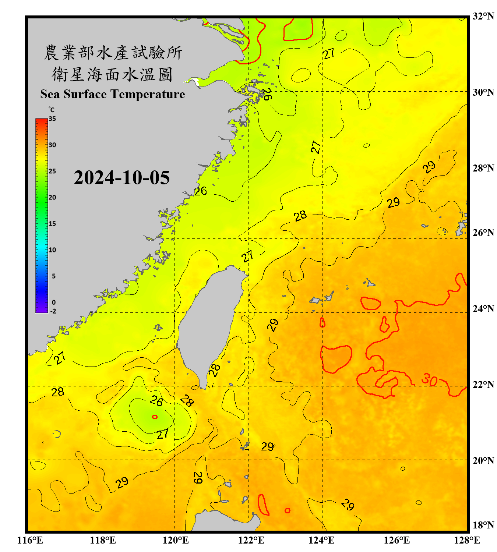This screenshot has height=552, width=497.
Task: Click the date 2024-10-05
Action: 122,178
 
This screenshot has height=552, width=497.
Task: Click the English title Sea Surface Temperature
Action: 113,94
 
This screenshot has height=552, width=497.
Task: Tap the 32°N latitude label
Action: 483,16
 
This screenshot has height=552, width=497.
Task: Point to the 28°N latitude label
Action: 483,168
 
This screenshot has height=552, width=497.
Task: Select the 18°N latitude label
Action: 483,525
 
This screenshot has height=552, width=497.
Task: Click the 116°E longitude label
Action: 30,540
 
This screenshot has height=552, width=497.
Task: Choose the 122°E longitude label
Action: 251,540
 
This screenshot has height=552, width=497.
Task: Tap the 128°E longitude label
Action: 467,540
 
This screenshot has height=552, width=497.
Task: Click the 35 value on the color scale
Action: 52,119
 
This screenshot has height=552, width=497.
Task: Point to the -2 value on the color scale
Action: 53,311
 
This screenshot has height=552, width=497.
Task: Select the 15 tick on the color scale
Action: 52,224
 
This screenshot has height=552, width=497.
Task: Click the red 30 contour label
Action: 429,379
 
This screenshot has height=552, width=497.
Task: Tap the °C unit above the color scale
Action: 52,110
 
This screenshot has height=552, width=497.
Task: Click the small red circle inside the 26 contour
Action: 155,417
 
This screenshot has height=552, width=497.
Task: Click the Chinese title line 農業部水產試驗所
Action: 113,53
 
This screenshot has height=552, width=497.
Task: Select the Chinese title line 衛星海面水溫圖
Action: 113,74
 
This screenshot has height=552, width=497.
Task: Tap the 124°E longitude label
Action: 321,540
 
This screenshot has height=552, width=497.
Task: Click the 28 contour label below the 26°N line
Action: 300,216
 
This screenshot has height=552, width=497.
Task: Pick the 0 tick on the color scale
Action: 54,302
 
